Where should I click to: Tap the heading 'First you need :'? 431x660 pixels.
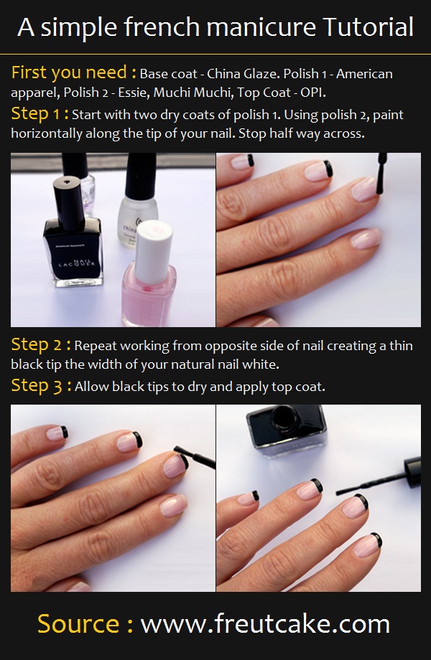tap(73, 72)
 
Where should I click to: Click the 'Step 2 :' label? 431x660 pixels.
tap(41, 345)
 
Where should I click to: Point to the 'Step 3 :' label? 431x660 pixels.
tap(41, 386)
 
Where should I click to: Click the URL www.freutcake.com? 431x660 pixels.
tap(265, 623)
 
